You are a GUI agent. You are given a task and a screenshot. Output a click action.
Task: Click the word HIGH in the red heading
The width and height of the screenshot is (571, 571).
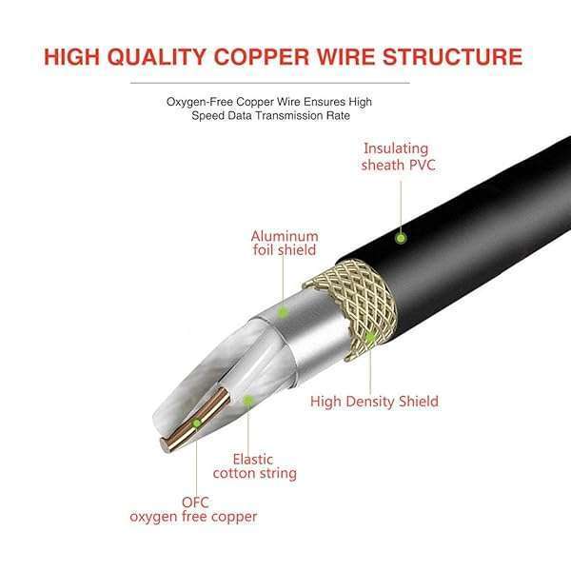click(x=80, y=55)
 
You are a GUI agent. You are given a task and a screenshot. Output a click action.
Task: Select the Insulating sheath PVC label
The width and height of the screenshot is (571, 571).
click(x=395, y=156)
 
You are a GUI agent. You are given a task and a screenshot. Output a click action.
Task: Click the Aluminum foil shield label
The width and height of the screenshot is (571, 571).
click(x=285, y=244)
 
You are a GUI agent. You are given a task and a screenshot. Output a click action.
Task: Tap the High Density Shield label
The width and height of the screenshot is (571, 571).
click(x=374, y=401)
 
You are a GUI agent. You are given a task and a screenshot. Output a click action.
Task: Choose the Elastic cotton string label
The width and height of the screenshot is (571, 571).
click(x=254, y=464)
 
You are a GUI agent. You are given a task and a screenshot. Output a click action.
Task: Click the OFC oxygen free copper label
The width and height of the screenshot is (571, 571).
click(x=193, y=509)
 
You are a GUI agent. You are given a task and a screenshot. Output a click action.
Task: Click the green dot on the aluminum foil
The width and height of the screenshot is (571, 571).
click(x=283, y=311)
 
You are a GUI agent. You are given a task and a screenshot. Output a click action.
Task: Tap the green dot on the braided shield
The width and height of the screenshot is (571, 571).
click(x=368, y=337)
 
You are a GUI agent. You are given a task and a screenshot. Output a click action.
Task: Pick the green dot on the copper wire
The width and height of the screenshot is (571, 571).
click(x=197, y=423)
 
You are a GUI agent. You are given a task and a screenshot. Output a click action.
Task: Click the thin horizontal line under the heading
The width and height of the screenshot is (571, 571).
click(x=285, y=83)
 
